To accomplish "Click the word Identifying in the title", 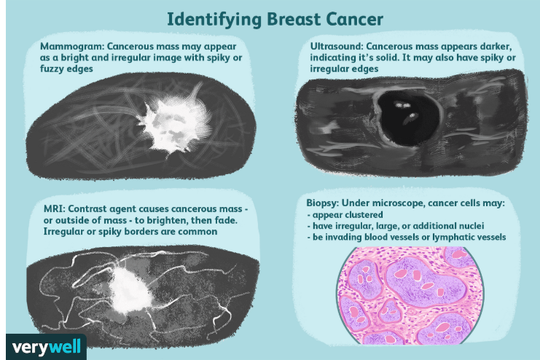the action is pyautogui.click(x=214, y=20).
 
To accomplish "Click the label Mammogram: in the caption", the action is pyautogui.click(x=71, y=47).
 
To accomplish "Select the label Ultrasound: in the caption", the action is pyautogui.click(x=337, y=46).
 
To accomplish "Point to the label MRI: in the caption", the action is pyautogui.click(x=54, y=208).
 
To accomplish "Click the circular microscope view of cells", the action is pyautogui.click(x=410, y=296).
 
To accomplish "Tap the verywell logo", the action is pyautogui.click(x=46, y=347).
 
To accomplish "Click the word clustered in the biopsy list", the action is pyautogui.click(x=364, y=215).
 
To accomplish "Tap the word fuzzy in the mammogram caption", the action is pyautogui.click(x=50, y=69).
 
